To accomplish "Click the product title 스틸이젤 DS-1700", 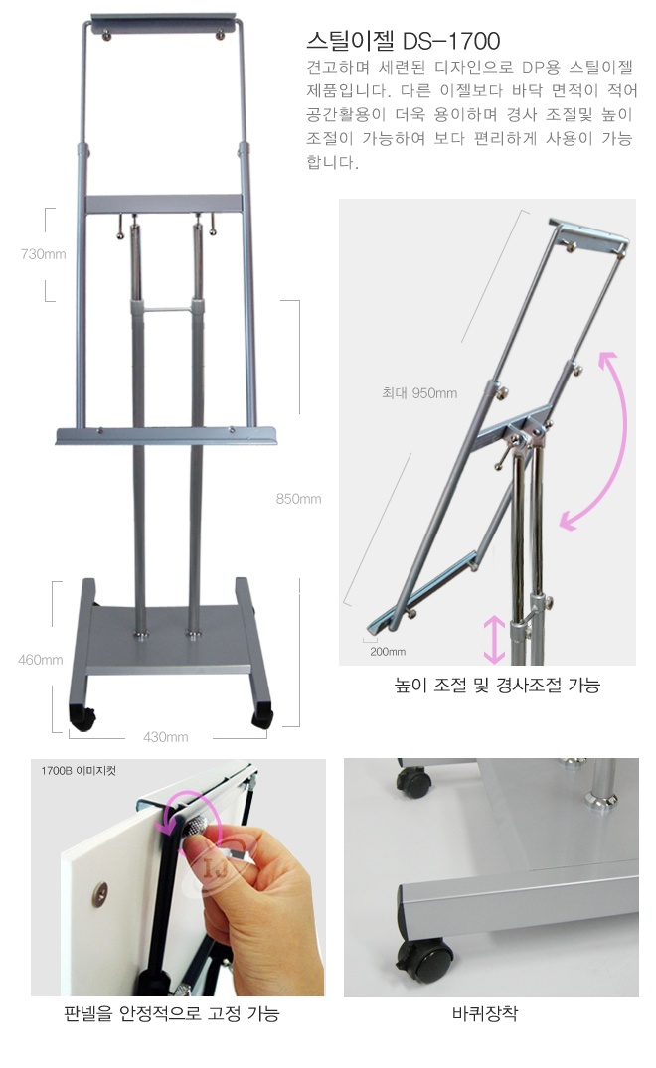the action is coord(404,41).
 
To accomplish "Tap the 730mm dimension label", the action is coord(44,254).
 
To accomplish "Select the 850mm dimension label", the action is coord(298,499).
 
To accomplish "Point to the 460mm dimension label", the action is coord(40,660).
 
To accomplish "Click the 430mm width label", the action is coord(166,737).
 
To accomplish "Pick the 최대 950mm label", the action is coord(418,393).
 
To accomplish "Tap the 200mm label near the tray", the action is coord(388,651).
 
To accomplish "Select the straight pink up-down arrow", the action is coord(494,639).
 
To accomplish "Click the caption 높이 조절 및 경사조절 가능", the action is coord(497,686).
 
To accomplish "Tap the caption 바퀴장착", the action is coord(485,1013).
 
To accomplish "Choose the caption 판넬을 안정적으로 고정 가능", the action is coord(172,1014).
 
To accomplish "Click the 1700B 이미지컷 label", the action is coord(79,770).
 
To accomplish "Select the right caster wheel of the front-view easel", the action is coord(263,719).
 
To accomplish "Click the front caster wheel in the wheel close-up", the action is coord(423,962).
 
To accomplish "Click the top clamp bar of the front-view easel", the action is coord(163,25).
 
